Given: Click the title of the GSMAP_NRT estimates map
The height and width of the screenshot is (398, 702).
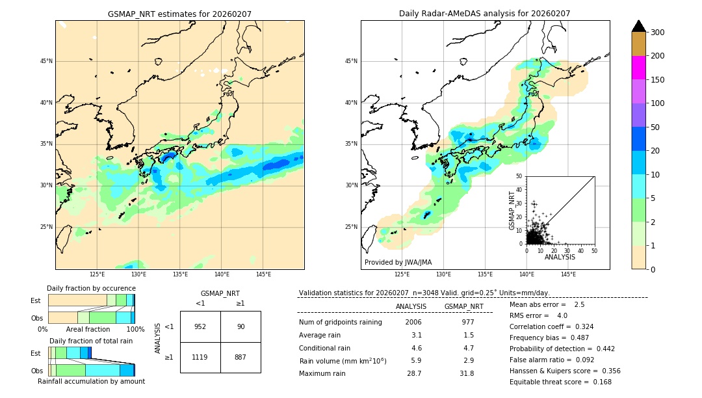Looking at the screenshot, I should coord(179,14).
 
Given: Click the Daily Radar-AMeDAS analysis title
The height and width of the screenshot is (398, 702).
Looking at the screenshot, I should coord(485,14).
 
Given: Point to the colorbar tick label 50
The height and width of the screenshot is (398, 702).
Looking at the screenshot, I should coord(656,127).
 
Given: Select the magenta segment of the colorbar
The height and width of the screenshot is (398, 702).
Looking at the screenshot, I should coord(638,68).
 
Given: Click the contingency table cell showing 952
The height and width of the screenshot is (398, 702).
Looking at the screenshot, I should coord(200,326).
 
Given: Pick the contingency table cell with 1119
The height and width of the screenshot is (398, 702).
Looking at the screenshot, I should coord(200,357).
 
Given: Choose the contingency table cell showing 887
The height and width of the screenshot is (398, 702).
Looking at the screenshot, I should coord(240,357).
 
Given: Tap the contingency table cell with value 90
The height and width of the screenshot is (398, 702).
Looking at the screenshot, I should coord(240,326).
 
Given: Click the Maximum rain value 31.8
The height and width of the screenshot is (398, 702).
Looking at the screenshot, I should coord(466,374).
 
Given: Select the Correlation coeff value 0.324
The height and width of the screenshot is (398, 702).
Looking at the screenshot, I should coord(578,327).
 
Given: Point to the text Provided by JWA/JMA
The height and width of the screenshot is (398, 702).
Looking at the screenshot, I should coord(398,263).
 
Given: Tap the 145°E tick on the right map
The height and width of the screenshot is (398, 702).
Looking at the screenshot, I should coord(568,274).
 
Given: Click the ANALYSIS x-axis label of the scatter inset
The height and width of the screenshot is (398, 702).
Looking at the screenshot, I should coord(560,258).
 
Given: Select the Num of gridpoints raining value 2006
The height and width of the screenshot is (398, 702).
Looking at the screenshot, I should coord(413,323).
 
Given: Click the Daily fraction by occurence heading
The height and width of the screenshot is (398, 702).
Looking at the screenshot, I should coord(91,288).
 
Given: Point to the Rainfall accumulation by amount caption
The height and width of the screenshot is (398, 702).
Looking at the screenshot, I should coord(91,381).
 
